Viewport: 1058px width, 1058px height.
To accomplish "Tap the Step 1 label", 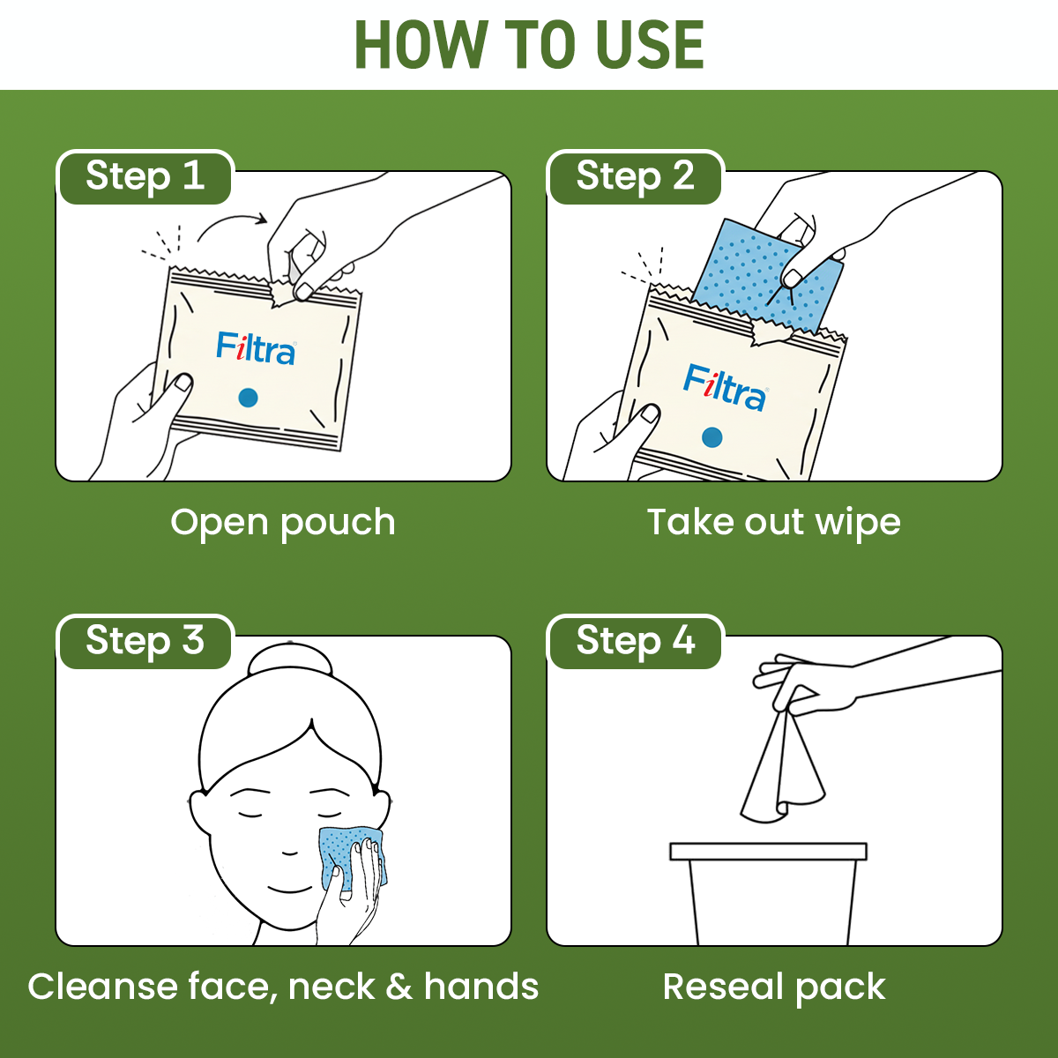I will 145,176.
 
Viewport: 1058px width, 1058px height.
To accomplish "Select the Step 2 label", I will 635,176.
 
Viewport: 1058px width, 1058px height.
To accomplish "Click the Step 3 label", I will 145,641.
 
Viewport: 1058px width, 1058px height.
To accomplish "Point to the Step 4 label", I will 635,641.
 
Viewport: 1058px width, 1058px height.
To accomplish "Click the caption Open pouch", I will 283,523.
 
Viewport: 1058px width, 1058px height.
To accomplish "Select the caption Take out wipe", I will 773,523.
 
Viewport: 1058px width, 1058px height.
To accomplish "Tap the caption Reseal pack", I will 773,987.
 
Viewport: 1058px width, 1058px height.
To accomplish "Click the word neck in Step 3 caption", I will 332,987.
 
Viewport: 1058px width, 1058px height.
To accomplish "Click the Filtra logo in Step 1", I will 256,348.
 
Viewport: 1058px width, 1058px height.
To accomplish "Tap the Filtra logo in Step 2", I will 725,388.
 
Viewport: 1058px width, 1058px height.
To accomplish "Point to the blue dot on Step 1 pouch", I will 249,398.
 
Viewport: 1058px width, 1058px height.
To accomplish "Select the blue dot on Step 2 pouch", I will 712,437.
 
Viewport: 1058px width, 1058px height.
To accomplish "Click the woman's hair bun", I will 290,661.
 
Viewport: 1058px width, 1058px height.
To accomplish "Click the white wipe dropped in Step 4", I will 780,776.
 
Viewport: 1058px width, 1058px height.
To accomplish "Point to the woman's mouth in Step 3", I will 290,888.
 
